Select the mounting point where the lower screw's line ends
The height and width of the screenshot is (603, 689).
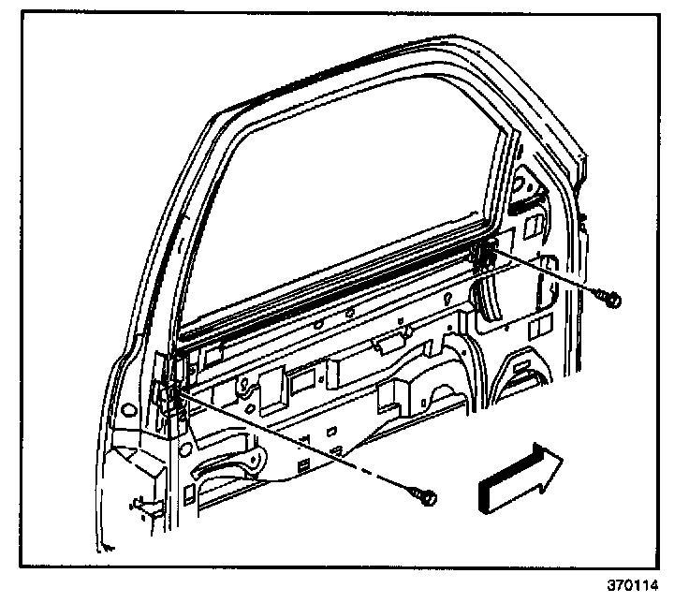[x=173, y=389]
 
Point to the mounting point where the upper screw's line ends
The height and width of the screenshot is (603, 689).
[x=486, y=251]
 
